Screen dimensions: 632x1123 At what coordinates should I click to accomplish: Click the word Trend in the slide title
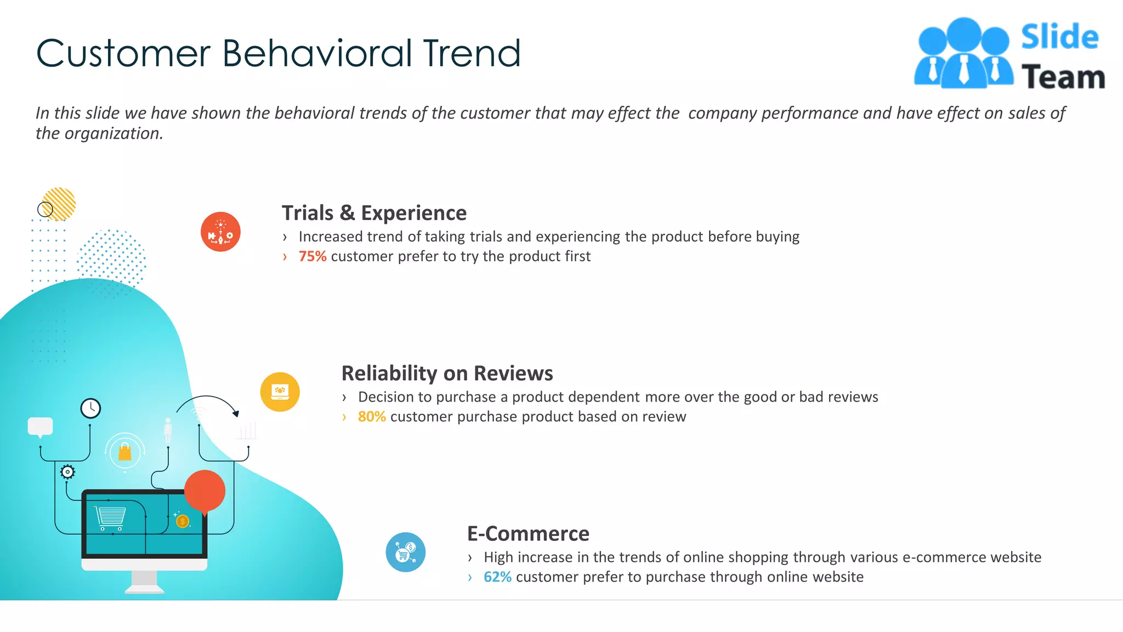point(472,54)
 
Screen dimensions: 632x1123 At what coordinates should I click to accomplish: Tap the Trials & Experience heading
point(374,213)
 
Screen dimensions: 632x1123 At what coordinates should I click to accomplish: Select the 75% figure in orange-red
point(313,256)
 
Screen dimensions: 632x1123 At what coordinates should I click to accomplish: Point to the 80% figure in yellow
point(372,416)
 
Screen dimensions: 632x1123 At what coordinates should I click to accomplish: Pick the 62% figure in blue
point(497,577)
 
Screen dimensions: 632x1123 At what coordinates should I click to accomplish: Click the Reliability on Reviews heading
point(447,373)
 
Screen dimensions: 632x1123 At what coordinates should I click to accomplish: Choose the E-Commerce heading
point(528,533)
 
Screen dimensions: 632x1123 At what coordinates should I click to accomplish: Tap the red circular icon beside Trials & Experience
point(220,232)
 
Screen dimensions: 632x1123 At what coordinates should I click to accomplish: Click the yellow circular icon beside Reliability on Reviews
point(280,392)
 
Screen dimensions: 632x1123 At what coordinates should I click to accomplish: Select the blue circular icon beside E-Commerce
point(405,552)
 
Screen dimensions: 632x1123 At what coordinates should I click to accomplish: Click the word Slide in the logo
point(1059,37)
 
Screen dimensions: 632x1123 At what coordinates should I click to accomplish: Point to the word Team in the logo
point(1063,77)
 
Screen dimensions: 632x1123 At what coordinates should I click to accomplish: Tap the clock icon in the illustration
point(90,408)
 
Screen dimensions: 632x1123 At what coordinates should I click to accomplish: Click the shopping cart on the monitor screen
point(110,517)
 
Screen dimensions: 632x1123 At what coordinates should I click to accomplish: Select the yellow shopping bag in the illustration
point(125,452)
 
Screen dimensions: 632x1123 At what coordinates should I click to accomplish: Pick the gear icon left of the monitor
point(67,472)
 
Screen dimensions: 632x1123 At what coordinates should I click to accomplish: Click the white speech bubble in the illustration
point(40,426)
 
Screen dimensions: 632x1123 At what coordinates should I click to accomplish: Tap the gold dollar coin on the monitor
point(183,521)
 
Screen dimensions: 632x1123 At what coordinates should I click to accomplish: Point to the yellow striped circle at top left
point(59,204)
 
